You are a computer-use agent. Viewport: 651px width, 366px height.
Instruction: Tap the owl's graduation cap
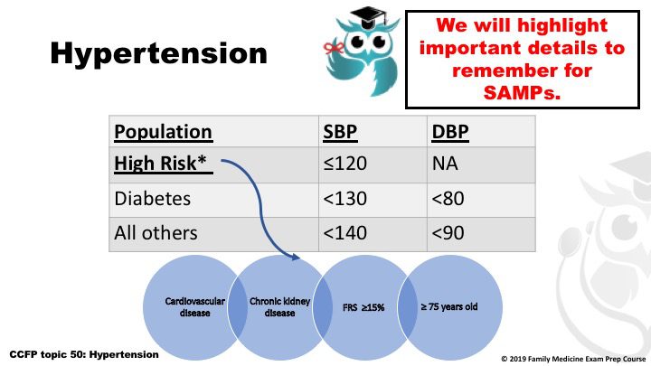click(x=369, y=17)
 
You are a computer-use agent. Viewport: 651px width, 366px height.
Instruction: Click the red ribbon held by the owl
click(x=334, y=48)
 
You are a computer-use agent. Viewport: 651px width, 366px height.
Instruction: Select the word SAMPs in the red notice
click(x=522, y=92)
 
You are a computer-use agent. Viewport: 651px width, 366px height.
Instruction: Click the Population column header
click(x=163, y=132)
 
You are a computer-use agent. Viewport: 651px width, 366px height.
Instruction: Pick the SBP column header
click(x=340, y=132)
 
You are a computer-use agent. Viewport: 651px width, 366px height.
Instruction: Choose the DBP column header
click(x=450, y=132)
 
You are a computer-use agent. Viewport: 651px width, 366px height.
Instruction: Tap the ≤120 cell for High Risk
click(x=345, y=164)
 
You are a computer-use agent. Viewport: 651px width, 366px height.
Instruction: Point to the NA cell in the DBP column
click(x=445, y=164)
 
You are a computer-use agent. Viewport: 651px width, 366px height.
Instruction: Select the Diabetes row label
click(x=153, y=198)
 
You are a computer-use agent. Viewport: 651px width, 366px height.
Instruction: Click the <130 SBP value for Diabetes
click(x=345, y=198)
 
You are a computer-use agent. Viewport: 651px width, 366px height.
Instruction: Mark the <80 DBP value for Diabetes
click(x=448, y=198)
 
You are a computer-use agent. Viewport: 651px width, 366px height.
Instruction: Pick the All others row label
click(x=156, y=233)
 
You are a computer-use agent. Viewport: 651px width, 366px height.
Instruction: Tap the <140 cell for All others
click(x=345, y=233)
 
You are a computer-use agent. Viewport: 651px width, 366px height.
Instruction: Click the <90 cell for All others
click(x=448, y=233)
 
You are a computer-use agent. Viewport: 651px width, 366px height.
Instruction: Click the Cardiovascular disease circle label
click(x=194, y=307)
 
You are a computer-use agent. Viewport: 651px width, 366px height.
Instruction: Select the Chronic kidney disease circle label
click(x=279, y=307)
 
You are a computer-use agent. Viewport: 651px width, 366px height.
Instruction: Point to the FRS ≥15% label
click(x=363, y=307)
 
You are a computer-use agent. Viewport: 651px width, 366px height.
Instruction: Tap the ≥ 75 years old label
click(x=449, y=307)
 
